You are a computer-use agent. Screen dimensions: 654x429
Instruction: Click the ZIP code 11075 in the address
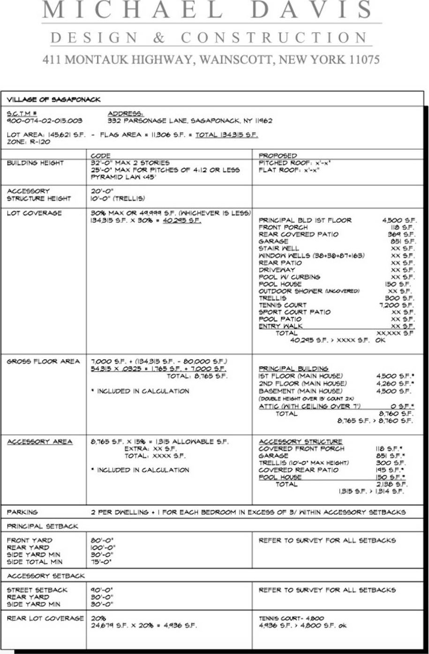[363, 60]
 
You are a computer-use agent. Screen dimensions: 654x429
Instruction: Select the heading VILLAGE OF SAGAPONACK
[53, 99]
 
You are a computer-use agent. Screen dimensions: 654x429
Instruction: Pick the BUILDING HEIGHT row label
[35, 163]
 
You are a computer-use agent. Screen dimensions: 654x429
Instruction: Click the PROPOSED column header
[278, 155]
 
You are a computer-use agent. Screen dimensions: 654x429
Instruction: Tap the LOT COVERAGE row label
[34, 213]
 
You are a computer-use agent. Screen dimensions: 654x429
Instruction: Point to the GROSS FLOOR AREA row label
[43, 361]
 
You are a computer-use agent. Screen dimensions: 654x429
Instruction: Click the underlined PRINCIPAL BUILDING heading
[294, 368]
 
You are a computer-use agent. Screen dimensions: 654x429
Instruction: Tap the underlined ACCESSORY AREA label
[39, 441]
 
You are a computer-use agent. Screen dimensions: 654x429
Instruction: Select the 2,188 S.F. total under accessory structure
[395, 484]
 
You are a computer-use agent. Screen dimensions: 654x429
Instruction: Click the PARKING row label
[22, 512]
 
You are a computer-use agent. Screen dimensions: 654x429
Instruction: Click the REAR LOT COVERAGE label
[45, 618]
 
